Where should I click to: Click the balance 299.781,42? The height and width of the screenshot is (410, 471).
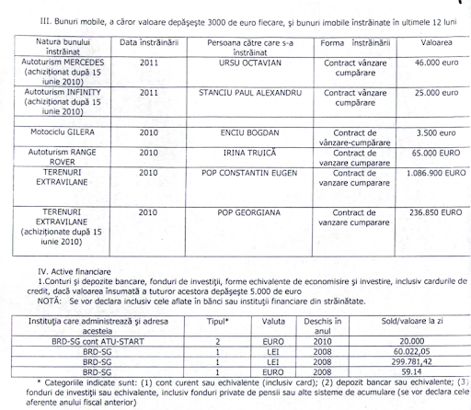(x=393, y=360)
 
